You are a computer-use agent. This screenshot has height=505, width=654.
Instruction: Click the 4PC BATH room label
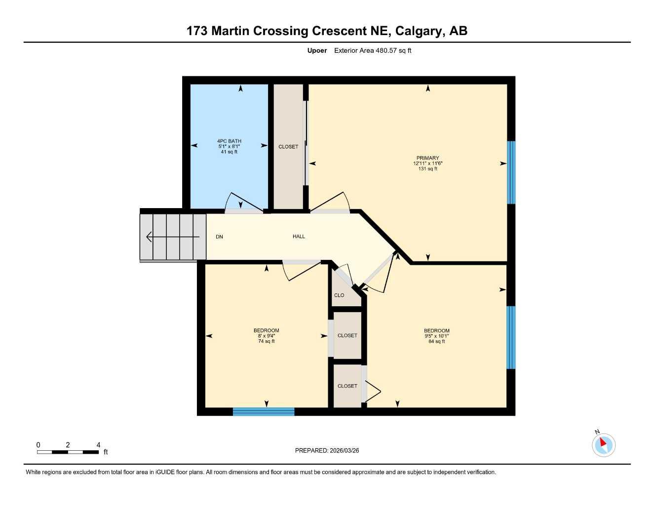click(x=229, y=141)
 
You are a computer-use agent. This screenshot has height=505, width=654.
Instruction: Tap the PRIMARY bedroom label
click(x=427, y=158)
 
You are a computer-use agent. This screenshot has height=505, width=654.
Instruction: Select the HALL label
click(x=299, y=237)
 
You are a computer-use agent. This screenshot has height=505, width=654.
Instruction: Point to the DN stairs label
click(x=219, y=237)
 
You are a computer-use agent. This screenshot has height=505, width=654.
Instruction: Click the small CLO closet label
click(x=339, y=295)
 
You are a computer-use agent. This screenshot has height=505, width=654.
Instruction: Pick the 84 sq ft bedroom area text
click(x=436, y=341)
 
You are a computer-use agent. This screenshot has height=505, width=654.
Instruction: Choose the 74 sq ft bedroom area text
click(x=266, y=341)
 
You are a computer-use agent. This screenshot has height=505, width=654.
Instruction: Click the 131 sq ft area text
click(x=427, y=169)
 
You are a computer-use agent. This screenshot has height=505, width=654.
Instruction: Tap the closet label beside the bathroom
click(x=288, y=147)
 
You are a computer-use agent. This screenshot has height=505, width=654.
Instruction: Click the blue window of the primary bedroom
click(x=511, y=173)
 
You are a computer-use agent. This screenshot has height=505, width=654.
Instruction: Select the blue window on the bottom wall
click(x=264, y=412)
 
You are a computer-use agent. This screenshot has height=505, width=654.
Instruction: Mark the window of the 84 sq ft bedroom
click(x=511, y=337)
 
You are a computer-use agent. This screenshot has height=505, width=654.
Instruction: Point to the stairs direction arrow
click(x=173, y=237)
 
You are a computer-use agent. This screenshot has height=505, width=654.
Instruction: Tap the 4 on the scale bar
click(x=98, y=445)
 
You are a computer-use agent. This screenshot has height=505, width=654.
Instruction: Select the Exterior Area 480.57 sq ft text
click(x=373, y=50)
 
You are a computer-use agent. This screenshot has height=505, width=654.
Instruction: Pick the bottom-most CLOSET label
click(x=347, y=386)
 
